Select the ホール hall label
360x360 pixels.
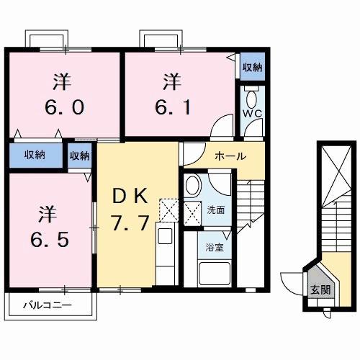pyautogui.click(x=230, y=156)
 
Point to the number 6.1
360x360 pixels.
pyautogui.click(x=174, y=107)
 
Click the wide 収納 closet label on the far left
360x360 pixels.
pyautogui.click(x=35, y=155)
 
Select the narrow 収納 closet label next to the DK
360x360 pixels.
pyautogui.click(x=80, y=155)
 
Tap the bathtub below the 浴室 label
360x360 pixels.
pyautogui.click(x=215, y=275)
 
